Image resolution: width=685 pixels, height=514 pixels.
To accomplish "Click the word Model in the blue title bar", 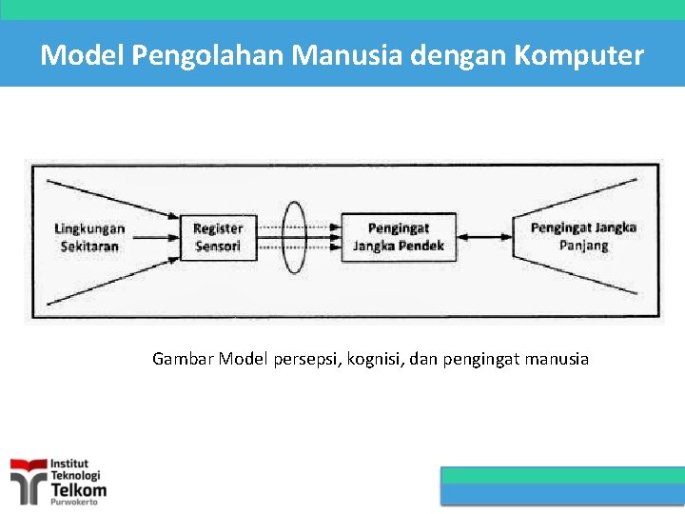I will pyautogui.click(x=83, y=55).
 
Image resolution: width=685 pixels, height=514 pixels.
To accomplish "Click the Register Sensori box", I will pyautogui.click(x=218, y=237).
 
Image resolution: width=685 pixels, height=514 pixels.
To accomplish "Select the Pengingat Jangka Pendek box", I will pyautogui.click(x=399, y=237).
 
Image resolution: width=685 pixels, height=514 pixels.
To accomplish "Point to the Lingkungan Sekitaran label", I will pyautogui.click(x=89, y=237).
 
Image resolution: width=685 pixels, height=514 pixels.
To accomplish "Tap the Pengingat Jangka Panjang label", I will pyautogui.click(x=583, y=236).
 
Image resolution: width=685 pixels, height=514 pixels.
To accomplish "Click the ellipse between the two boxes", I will pyautogui.click(x=296, y=237).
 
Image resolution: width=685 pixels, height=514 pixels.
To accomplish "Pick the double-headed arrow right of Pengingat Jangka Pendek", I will pyautogui.click(x=484, y=237).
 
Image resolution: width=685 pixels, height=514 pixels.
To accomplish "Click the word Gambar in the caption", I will pyautogui.click(x=183, y=360).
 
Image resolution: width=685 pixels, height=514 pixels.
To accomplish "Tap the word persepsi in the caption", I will pyautogui.click(x=304, y=360).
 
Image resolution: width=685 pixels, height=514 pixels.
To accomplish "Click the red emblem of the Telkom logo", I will pyautogui.click(x=28, y=479).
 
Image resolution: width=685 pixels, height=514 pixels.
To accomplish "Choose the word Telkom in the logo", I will pyautogui.click(x=78, y=489).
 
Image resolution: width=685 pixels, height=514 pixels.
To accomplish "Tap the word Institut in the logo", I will pyautogui.click(x=69, y=465).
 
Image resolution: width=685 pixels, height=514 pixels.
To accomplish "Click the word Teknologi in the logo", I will pyautogui.click(x=75, y=475).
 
